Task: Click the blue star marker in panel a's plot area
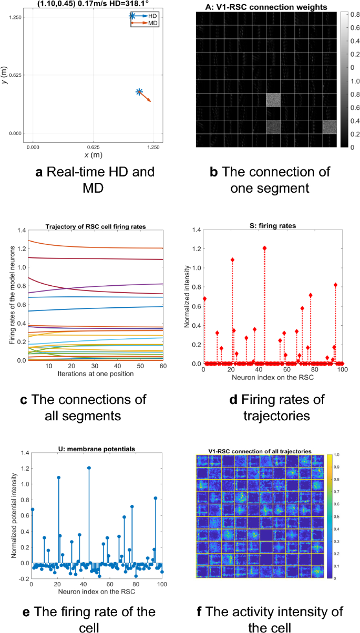click(x=139, y=92)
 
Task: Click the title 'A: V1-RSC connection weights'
click(x=265, y=7)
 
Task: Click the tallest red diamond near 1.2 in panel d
click(x=265, y=248)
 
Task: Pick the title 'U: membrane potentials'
click(x=98, y=448)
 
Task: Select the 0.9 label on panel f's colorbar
click(x=337, y=466)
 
